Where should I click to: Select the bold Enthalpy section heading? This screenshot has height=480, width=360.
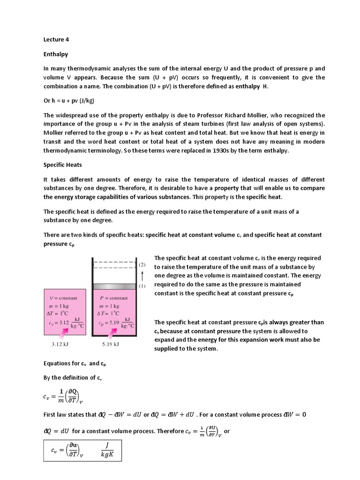56,54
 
